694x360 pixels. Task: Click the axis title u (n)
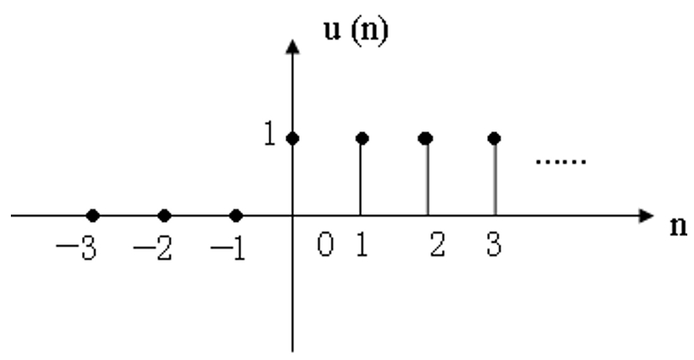click(357, 31)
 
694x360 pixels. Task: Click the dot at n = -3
click(92, 216)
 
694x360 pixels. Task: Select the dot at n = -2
click(164, 216)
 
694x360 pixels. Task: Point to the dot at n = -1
click(236, 216)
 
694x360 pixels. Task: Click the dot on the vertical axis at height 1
click(292, 139)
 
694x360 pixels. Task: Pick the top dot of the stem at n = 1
click(362, 139)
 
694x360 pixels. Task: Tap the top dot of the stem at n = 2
click(425, 139)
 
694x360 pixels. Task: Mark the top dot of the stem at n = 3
click(494, 139)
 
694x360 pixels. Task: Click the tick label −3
click(76, 248)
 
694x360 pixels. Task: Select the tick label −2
click(152, 248)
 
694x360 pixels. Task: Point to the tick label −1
click(228, 248)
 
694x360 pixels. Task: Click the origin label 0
click(325, 244)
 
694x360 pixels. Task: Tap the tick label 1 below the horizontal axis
click(362, 244)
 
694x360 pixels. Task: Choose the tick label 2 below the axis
click(437, 244)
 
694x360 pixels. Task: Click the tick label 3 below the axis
click(494, 244)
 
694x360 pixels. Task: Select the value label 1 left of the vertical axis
click(270, 133)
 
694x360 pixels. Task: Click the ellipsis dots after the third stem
click(561, 162)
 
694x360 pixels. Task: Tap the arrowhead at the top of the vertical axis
click(292, 47)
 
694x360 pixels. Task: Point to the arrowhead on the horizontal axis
click(646, 216)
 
